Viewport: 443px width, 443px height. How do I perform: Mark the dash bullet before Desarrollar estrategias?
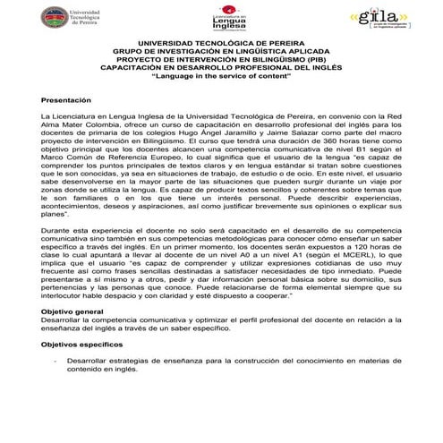(55, 361)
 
